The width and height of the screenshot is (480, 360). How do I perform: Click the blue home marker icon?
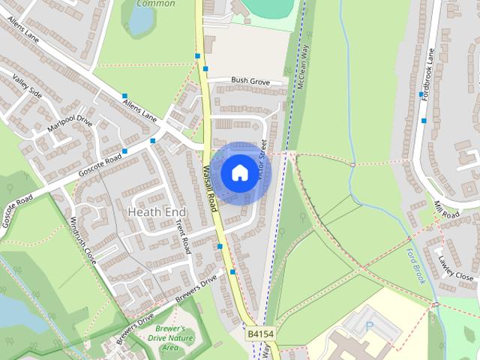tap(238, 172)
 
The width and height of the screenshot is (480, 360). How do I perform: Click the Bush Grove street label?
tap(250, 79)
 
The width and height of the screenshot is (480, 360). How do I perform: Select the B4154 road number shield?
tap(259, 330)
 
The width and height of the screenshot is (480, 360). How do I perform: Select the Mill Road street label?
tap(445, 209)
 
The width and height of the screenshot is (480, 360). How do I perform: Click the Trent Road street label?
tap(182, 230)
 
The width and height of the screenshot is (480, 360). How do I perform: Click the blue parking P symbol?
tap(368, 325)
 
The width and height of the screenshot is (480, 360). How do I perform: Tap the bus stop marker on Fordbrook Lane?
tap(424, 120)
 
